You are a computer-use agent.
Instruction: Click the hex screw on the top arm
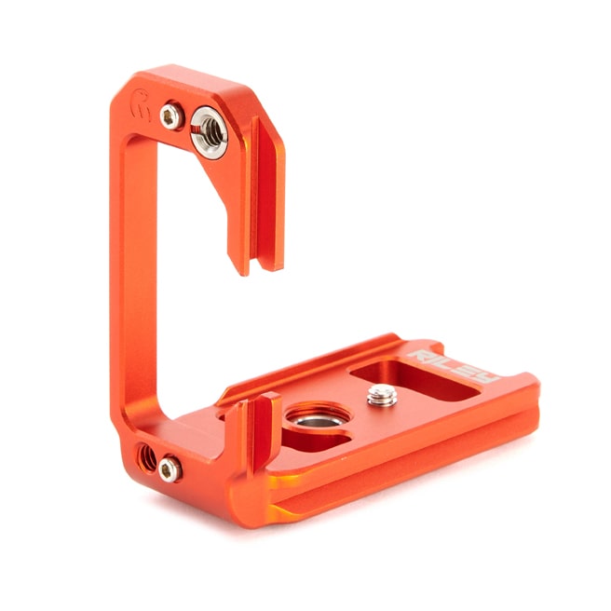pos(171,116)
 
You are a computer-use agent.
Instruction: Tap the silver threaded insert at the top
pos(209,132)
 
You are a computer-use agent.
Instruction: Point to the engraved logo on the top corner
pos(141,104)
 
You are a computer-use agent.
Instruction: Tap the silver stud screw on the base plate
pos(382,395)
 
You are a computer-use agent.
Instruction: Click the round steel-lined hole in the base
pos(318,416)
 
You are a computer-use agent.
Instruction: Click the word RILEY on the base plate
pos(453,366)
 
